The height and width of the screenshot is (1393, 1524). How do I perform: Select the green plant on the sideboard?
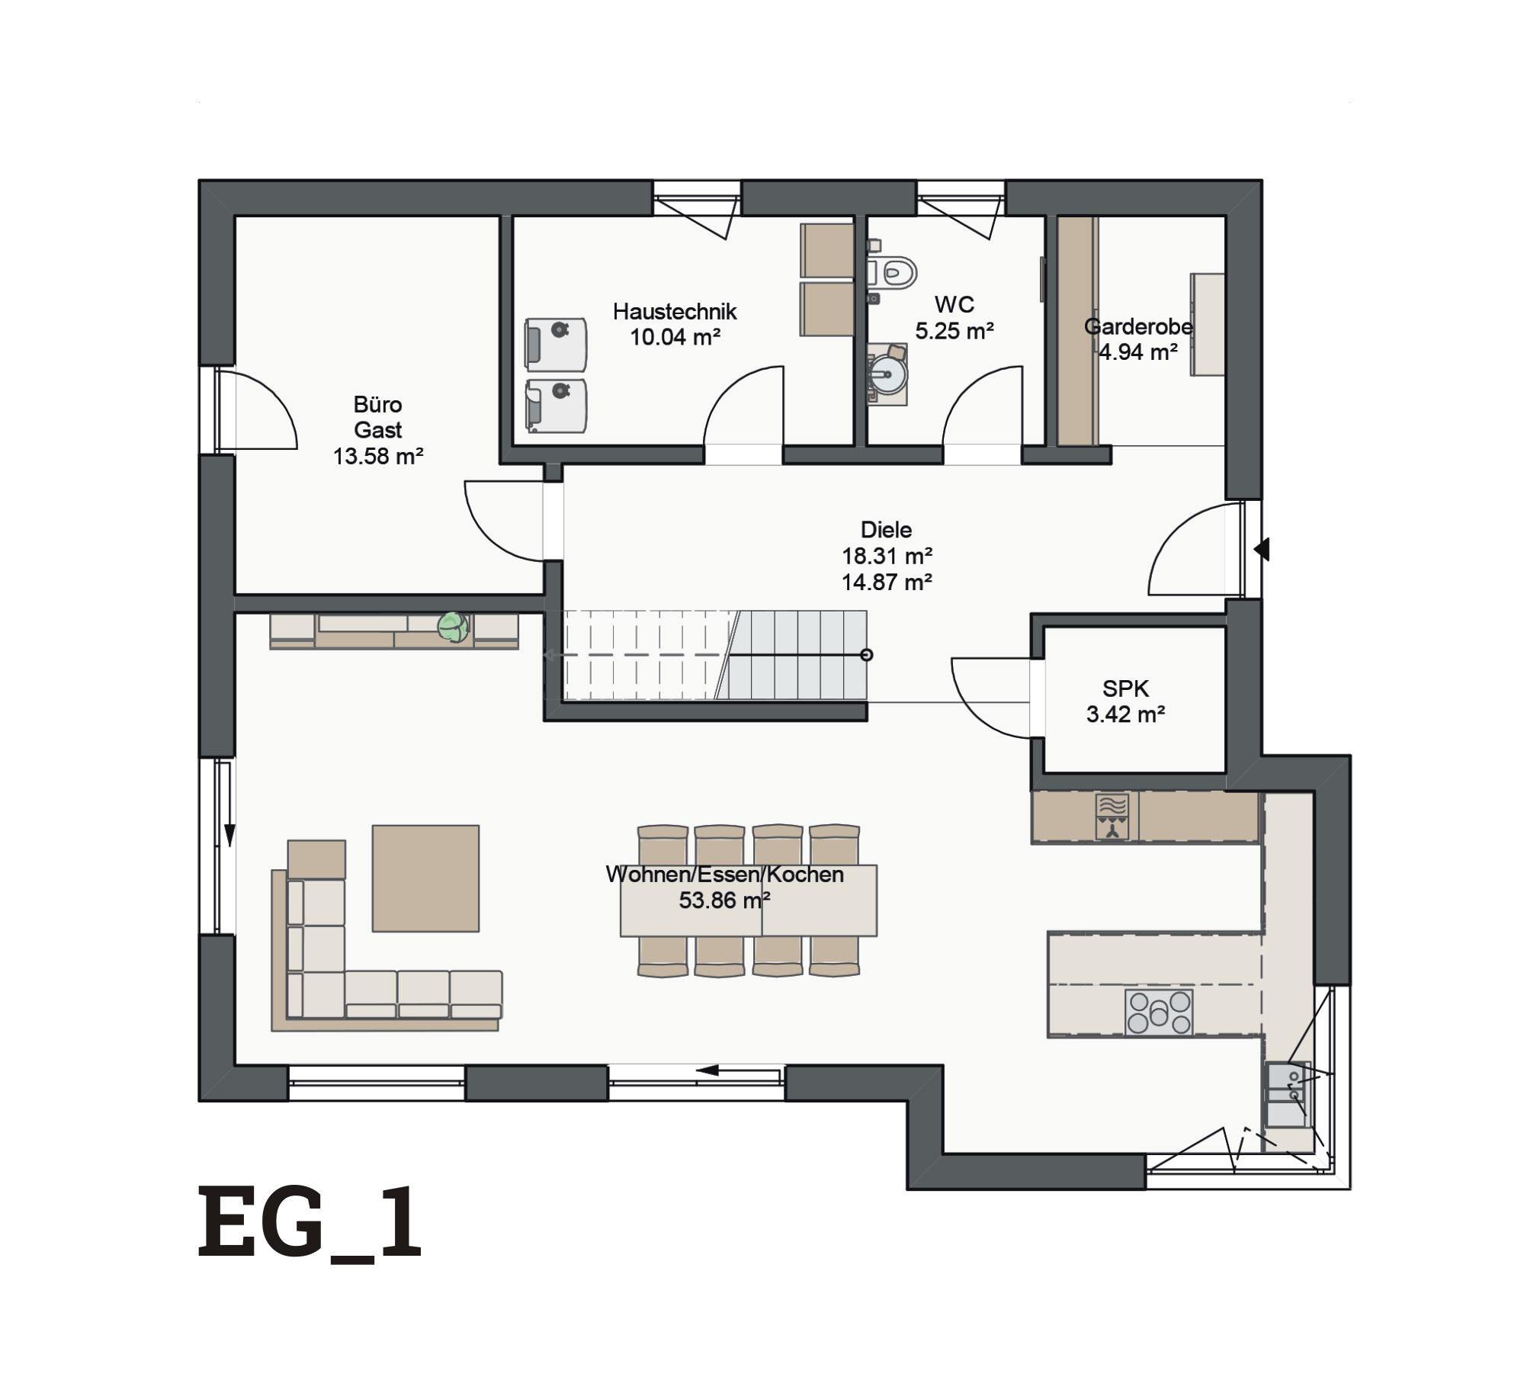click(453, 627)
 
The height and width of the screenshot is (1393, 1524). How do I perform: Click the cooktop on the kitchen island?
click(1159, 1013)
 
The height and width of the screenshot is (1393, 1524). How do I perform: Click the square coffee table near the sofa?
click(425, 878)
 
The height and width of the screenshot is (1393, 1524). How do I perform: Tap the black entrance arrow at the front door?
click(1262, 549)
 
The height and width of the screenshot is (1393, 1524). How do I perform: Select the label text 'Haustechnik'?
click(675, 311)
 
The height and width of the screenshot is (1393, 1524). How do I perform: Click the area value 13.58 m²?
click(378, 456)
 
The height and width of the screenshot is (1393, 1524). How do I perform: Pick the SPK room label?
click(1125, 688)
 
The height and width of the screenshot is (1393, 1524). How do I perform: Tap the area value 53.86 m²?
click(724, 900)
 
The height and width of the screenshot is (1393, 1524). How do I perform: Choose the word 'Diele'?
click(886, 529)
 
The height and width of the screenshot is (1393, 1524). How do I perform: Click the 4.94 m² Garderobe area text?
click(1137, 352)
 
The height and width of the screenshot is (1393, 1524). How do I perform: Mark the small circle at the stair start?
click(866, 654)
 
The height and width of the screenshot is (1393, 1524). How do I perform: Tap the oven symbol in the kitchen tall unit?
click(1112, 817)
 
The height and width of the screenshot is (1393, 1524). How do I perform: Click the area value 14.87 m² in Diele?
click(887, 582)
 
